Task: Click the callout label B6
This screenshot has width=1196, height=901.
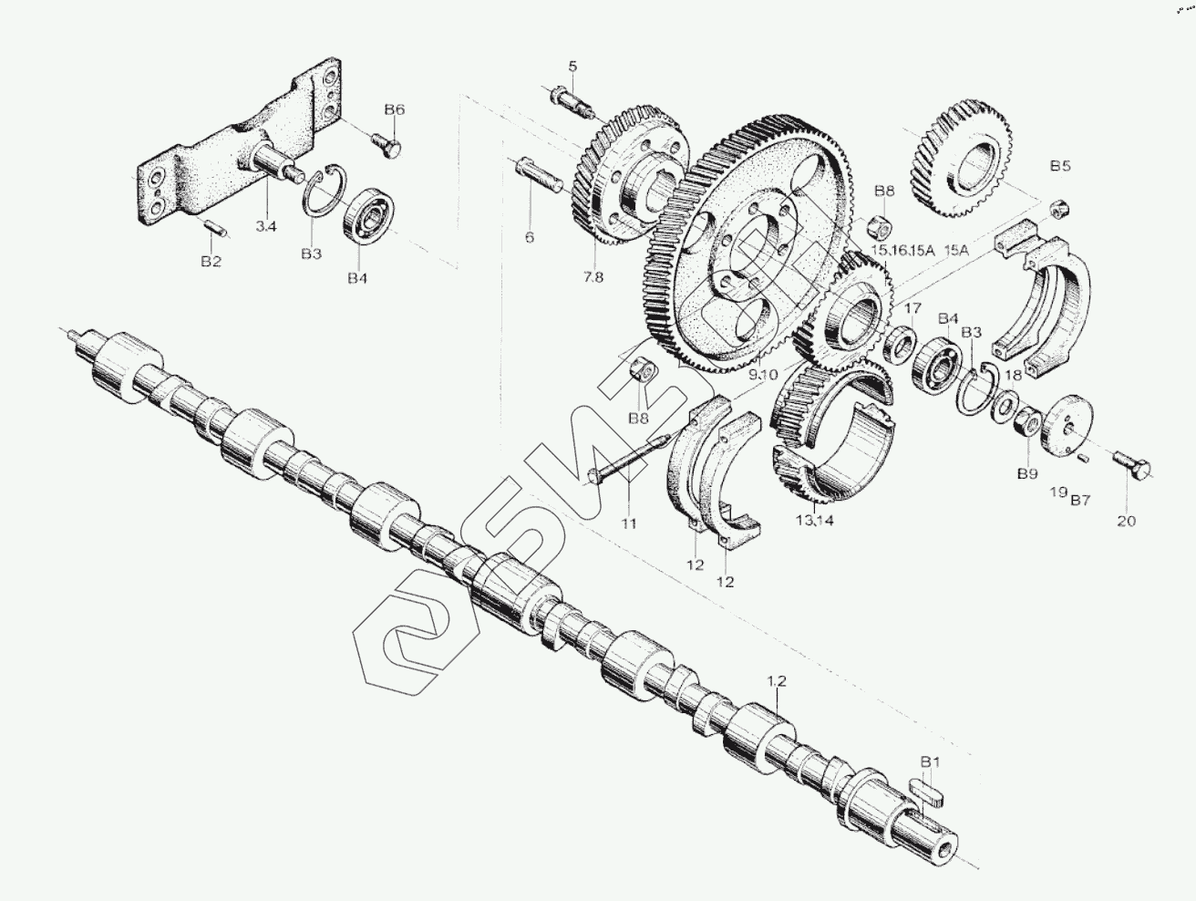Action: [394, 109]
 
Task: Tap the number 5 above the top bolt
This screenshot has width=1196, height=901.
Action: [572, 66]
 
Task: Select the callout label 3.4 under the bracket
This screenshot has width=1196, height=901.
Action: [265, 225]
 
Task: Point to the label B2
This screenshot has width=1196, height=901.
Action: [211, 262]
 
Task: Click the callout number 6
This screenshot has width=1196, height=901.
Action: [529, 237]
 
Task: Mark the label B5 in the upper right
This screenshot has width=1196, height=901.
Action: [1059, 166]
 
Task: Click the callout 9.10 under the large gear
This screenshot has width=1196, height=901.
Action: [763, 374]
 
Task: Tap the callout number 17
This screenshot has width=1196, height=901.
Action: [912, 307]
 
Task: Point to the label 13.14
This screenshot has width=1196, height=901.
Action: [814, 521]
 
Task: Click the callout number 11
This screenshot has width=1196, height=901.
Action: [629, 523]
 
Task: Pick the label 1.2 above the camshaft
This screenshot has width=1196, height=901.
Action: [776, 680]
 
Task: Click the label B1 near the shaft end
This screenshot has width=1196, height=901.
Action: [930, 761]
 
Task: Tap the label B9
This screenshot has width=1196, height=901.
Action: [1027, 474]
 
